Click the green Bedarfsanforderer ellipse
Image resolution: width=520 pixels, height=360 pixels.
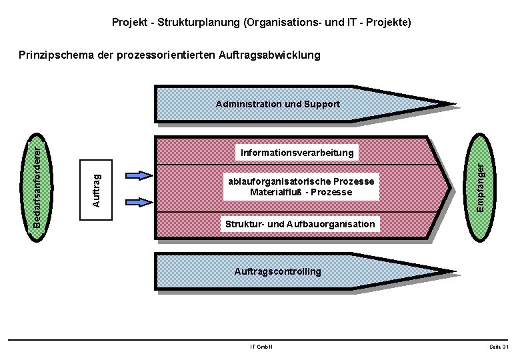click(x=41, y=181)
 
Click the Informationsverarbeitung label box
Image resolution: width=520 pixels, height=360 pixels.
click(x=297, y=153)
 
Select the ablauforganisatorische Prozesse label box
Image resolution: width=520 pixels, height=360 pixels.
click(x=301, y=187)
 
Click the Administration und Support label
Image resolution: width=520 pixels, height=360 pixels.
click(x=277, y=104)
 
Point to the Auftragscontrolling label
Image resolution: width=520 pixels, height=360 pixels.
click(x=277, y=271)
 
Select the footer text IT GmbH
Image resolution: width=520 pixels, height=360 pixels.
click(x=261, y=347)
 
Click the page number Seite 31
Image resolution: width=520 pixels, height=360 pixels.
click(x=499, y=347)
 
